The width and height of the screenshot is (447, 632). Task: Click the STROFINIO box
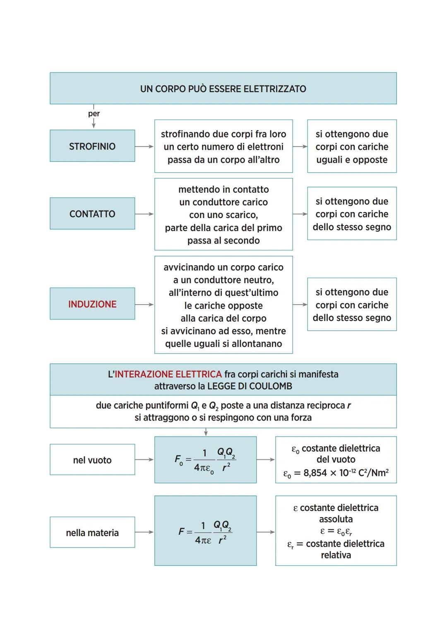[x=92, y=146]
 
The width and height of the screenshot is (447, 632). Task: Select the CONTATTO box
[x=92, y=214]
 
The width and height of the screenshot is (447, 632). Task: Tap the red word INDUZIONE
[x=92, y=304]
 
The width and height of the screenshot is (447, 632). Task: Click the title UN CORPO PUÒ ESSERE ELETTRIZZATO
[x=223, y=89]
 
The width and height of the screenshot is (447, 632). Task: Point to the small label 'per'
[x=94, y=113]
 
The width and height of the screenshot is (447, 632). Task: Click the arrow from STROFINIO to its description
[x=144, y=147]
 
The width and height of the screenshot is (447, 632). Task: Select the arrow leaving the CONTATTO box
[x=144, y=214]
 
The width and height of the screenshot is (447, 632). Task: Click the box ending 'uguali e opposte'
[x=352, y=147]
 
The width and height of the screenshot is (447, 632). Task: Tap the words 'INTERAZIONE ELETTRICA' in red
[x=168, y=374]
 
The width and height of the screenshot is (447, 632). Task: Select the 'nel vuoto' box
[x=92, y=460]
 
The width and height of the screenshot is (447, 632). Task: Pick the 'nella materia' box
[x=92, y=533]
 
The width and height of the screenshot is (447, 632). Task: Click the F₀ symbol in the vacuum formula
[x=178, y=459]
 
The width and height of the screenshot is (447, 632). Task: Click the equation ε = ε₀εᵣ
[x=336, y=531]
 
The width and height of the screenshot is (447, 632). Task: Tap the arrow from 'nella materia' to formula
[x=144, y=532]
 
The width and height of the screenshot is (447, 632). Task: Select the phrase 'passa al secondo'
[x=223, y=240]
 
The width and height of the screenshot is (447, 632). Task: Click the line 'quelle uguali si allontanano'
[x=223, y=344]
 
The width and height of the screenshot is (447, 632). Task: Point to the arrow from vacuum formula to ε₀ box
[x=266, y=459]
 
